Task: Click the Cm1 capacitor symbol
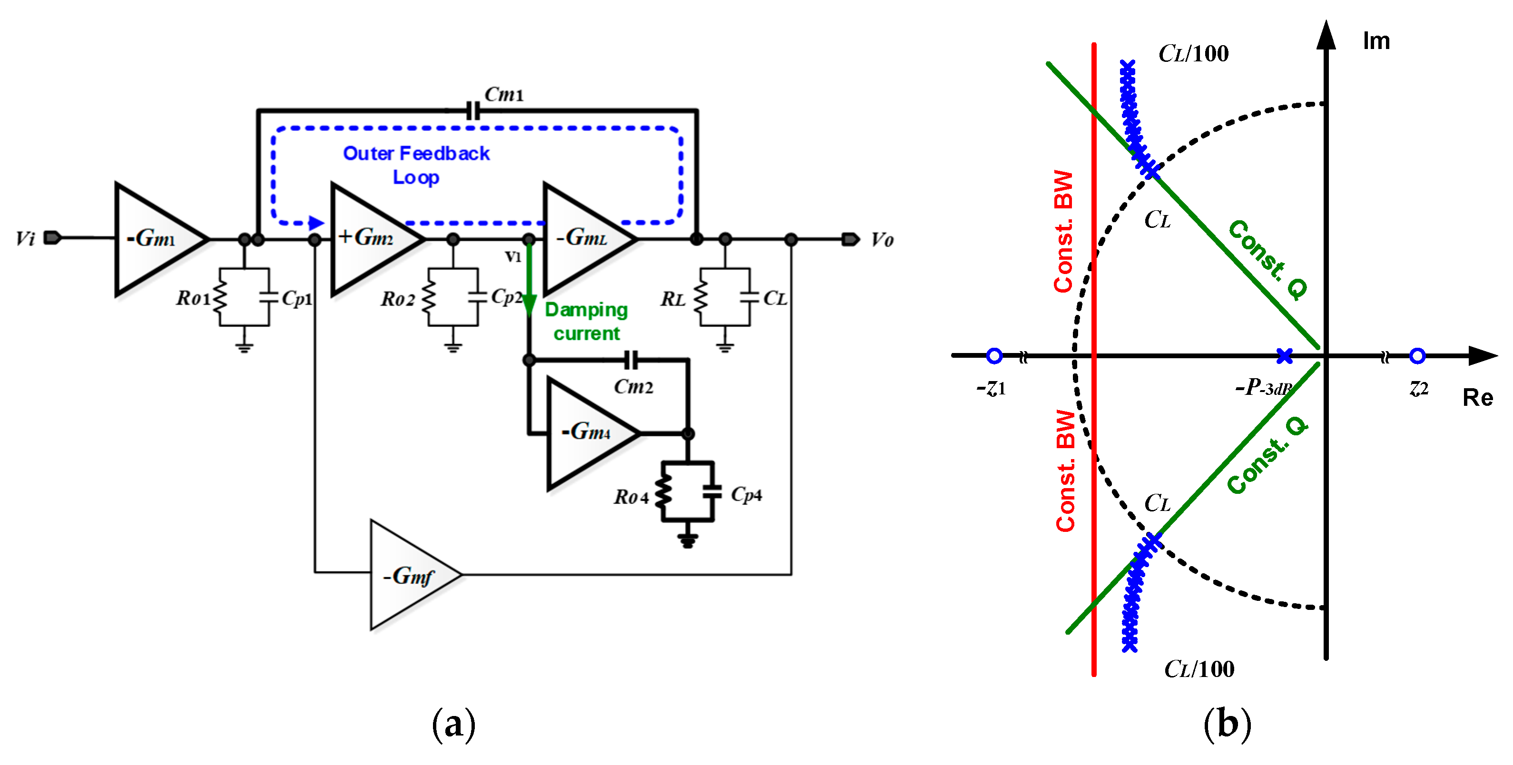coord(472,110)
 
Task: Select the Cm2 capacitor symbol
coord(630,360)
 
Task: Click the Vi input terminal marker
coord(52,238)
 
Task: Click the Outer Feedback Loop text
coord(416,165)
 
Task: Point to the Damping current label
coord(586,321)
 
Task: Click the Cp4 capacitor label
coord(746,494)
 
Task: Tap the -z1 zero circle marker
coord(994,356)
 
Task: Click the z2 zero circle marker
coord(1417,356)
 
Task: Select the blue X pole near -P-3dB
coord(1285,356)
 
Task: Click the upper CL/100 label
coord(1193,54)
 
